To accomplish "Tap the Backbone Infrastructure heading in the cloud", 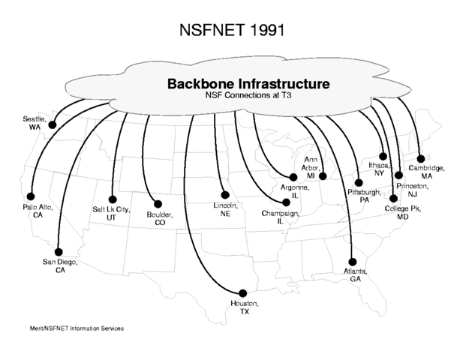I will [x=248, y=83].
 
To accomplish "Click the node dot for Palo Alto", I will [x=31, y=196].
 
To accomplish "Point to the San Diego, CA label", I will [x=60, y=266].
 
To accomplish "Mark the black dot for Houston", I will [x=242, y=292].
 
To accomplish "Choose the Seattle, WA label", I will [x=35, y=123].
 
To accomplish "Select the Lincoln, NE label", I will [x=225, y=208].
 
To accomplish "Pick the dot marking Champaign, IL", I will [x=285, y=202].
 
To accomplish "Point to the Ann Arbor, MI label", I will [x=311, y=166].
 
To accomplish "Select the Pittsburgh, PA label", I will [x=364, y=196].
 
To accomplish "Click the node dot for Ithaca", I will [x=383, y=157].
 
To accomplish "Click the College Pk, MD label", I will [x=403, y=211].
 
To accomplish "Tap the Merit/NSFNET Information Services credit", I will [x=76, y=328].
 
